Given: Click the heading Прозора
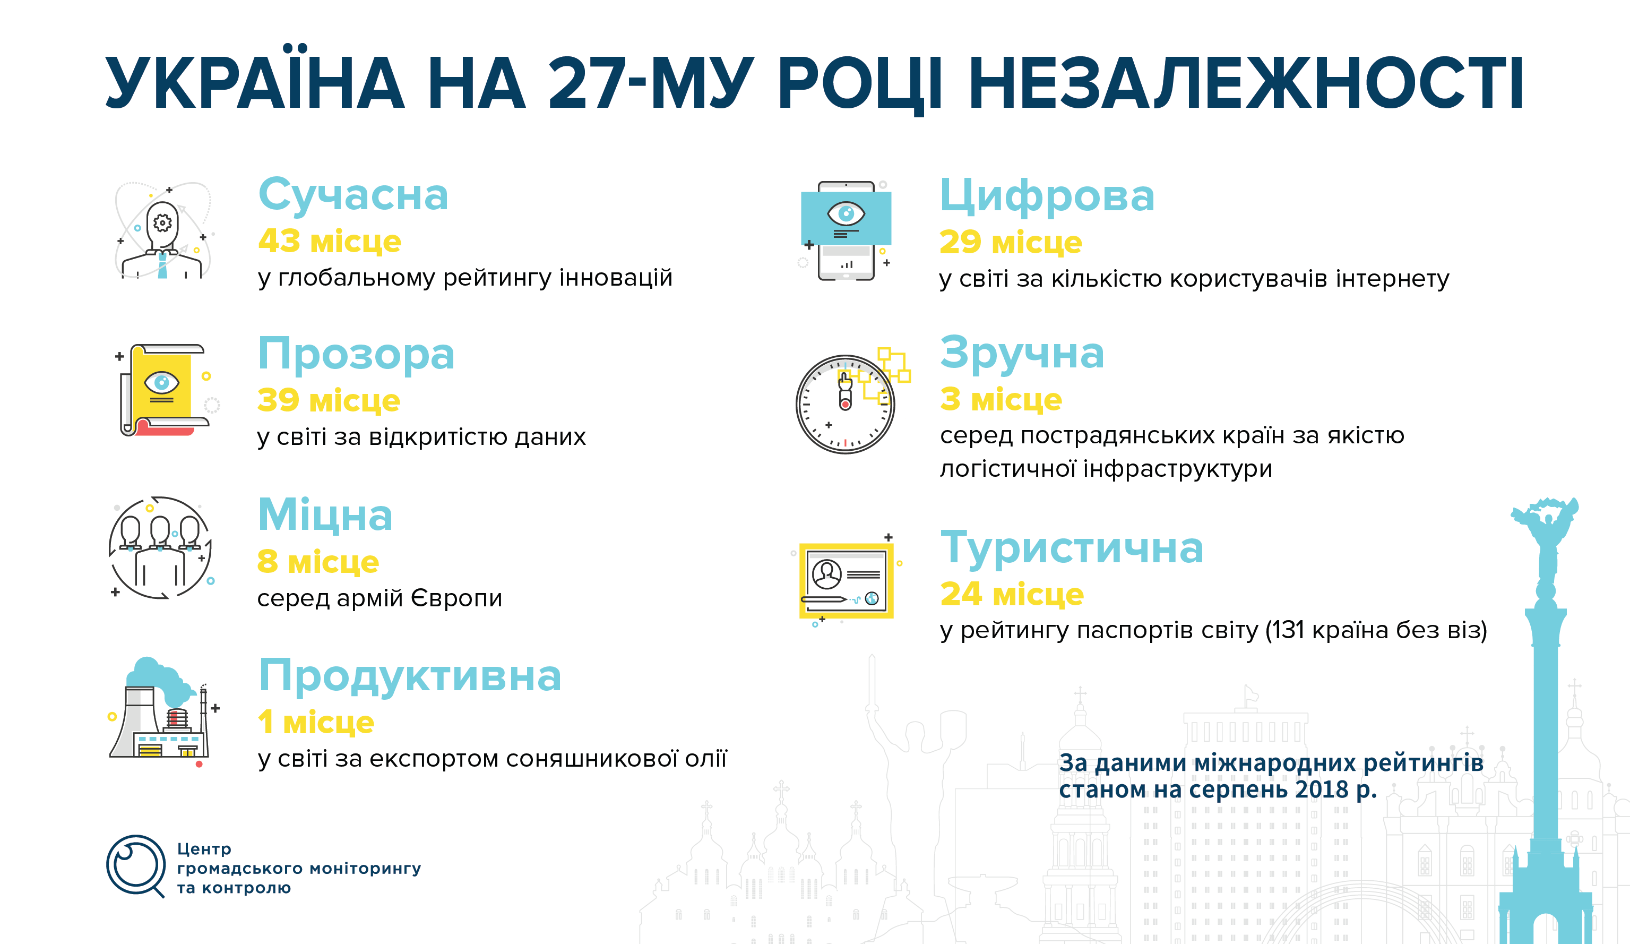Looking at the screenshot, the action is (356, 354).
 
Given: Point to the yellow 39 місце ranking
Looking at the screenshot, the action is (329, 400).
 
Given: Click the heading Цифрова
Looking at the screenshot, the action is (1047, 196).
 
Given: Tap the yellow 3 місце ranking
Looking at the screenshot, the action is (1001, 399).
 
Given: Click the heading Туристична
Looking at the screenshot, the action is (1071, 547).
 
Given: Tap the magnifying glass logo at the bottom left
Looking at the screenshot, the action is (136, 866).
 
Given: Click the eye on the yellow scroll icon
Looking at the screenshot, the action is (162, 382).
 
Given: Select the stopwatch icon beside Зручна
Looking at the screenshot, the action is (846, 405).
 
